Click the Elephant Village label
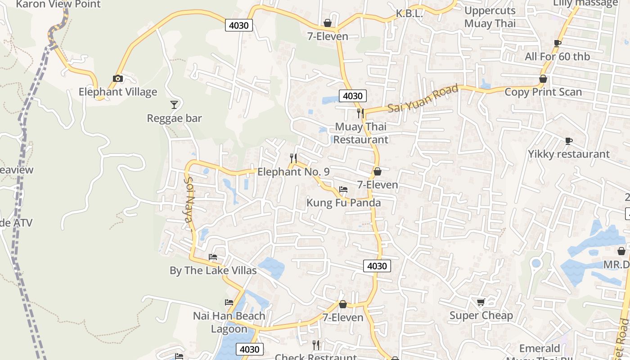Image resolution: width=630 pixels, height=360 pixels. coord(118,92)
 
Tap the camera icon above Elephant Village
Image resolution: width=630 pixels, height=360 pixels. coord(118,79)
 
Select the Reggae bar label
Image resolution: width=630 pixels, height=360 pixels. coord(174,118)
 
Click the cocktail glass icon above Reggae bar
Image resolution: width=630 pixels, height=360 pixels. coord(174,105)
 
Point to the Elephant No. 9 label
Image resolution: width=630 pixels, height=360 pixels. coord(293,171)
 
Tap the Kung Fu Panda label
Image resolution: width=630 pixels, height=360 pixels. coord(343,202)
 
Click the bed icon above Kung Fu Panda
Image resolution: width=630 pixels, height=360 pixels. coord(343,189)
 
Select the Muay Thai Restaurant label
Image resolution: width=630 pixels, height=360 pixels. coord(361,133)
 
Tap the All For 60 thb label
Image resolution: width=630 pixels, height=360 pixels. coord(557,57)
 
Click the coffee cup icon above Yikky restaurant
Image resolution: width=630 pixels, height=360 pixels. coord(569,141)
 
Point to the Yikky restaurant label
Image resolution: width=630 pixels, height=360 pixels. coord(569,154)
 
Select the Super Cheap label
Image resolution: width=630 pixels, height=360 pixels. coord(481,315)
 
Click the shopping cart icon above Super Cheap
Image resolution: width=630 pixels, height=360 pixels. coord(481,302)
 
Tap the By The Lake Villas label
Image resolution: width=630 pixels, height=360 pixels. coord(213,270)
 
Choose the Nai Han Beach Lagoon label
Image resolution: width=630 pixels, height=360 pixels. coord(229,322)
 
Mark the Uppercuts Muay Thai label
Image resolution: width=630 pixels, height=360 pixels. coord(490,17)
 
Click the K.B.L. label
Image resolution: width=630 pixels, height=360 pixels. coord(409,13)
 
